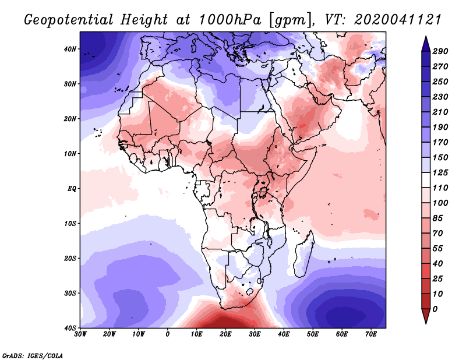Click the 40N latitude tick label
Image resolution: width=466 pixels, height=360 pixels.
tap(69, 49)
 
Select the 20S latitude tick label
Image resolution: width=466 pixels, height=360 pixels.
tap(69, 258)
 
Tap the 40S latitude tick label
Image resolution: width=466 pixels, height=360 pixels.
tap(69, 328)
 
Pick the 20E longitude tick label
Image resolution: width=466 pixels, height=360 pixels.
tap(225, 334)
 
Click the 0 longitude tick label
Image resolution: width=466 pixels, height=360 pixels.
tap(168, 334)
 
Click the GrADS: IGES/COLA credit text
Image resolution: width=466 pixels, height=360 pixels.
tap(33, 355)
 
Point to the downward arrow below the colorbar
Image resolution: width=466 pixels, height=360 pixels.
tap(426, 317)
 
